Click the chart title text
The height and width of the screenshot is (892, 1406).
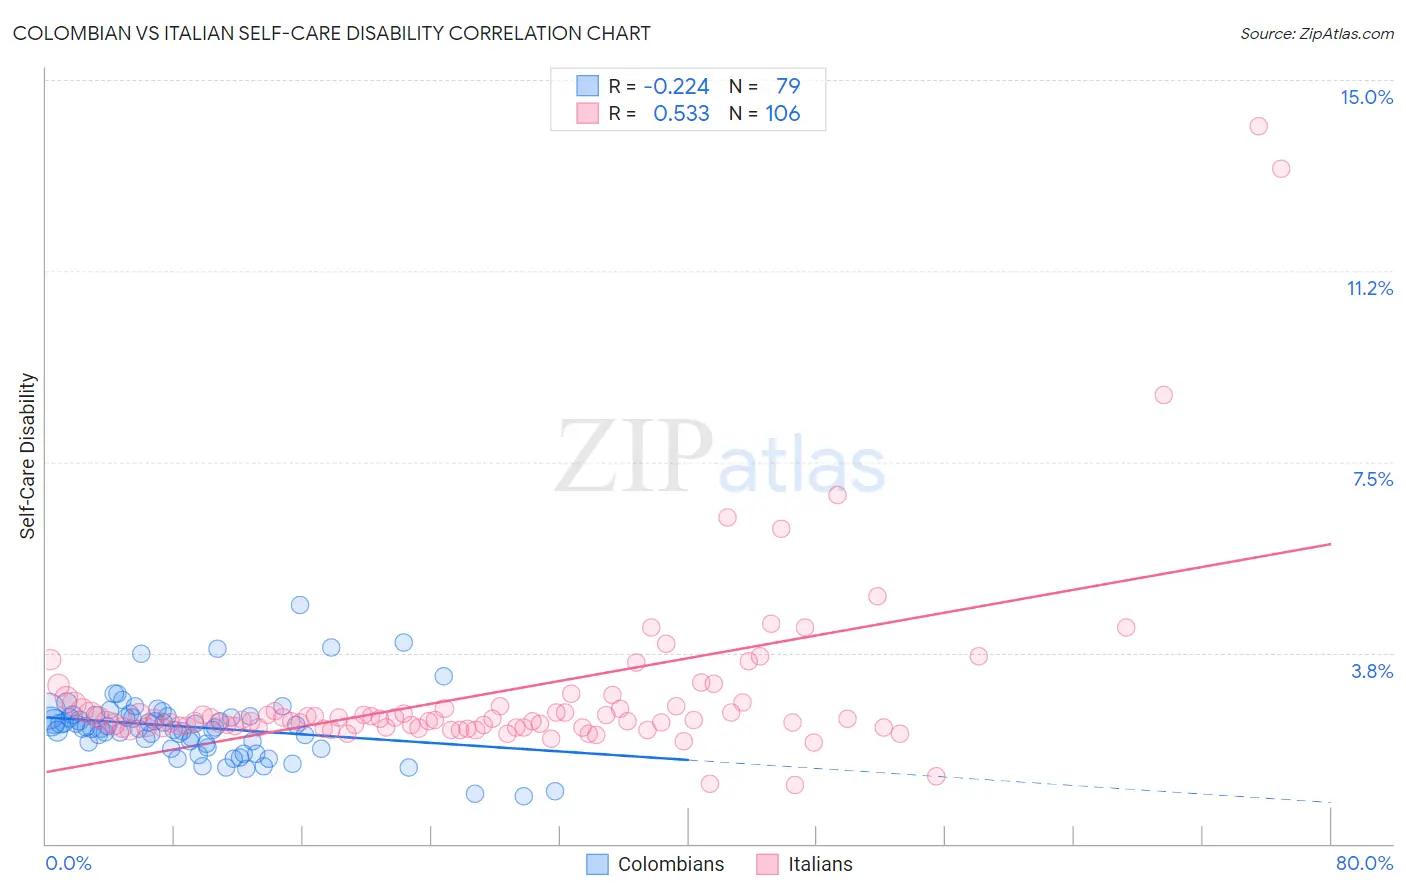pyautogui.click(x=331, y=33)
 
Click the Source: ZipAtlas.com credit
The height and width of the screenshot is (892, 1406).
pyautogui.click(x=1316, y=33)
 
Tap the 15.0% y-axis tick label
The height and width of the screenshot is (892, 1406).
pyautogui.click(x=1366, y=97)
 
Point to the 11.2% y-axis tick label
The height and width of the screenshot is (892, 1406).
pyautogui.click(x=1369, y=288)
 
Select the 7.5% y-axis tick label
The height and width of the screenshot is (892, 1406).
pyautogui.click(x=1372, y=479)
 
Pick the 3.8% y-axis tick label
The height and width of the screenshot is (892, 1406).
pyautogui.click(x=1372, y=671)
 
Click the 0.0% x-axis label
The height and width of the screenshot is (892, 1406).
pyautogui.click(x=68, y=863)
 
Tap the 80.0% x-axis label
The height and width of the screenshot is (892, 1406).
pyautogui.click(x=1364, y=863)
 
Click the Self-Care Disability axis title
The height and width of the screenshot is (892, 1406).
pyautogui.click(x=28, y=456)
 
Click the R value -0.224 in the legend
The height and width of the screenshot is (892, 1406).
pyautogui.click(x=676, y=86)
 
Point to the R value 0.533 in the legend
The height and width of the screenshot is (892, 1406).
pyautogui.click(x=681, y=113)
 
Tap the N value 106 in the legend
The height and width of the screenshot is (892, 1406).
pyautogui.click(x=783, y=113)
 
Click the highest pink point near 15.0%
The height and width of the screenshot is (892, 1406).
pyautogui.click(x=1258, y=126)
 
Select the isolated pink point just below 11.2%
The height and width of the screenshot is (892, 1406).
pyautogui.click(x=1163, y=395)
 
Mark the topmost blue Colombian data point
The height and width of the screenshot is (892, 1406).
pyautogui.click(x=300, y=605)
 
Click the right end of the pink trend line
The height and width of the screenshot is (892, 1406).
pyautogui.click(x=1330, y=544)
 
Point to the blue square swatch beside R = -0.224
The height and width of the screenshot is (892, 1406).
pyautogui.click(x=587, y=86)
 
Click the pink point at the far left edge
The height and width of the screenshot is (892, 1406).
pyautogui.click(x=51, y=659)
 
